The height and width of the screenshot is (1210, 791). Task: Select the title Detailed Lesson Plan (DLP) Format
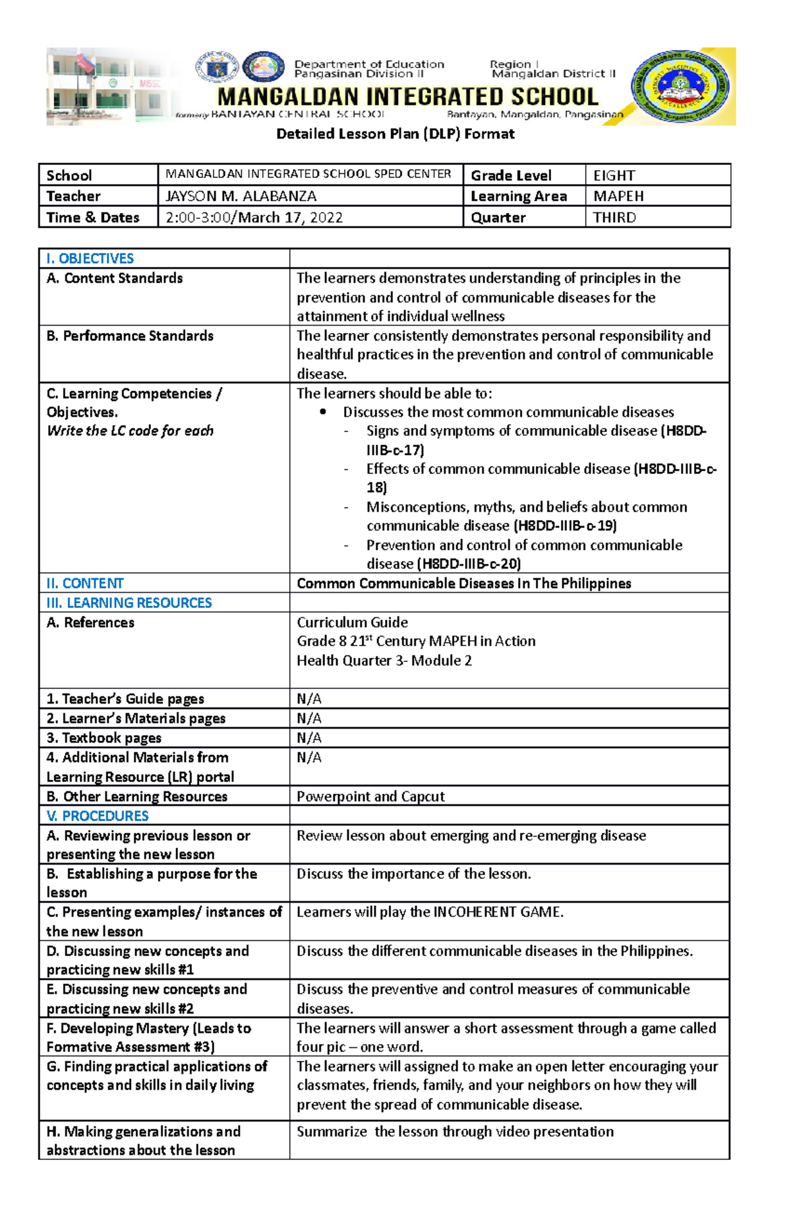[395, 134]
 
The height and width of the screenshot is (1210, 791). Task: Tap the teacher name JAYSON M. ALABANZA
[241, 196]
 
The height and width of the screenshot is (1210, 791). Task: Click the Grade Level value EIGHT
[614, 175]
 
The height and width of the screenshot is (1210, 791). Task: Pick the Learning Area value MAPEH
[618, 196]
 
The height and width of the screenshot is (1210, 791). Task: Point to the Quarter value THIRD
[614, 218]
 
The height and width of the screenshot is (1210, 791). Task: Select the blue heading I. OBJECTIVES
[90, 258]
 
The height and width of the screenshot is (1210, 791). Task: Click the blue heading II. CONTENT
[84, 583]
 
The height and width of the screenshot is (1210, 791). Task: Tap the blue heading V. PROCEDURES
[97, 816]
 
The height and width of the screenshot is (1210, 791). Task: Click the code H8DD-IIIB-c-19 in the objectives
[565, 526]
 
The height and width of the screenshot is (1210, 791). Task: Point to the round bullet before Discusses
[323, 412]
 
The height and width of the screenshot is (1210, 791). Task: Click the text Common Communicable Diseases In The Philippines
[463, 583]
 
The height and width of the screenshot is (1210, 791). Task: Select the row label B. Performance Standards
[130, 336]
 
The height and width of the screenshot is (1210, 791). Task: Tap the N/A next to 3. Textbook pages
[308, 737]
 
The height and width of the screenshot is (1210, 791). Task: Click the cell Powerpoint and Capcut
[370, 796]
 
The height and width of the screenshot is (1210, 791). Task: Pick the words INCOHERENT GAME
[498, 912]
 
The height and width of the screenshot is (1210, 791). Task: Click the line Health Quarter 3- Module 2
[384, 660]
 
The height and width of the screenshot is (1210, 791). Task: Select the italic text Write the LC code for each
[130, 431]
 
